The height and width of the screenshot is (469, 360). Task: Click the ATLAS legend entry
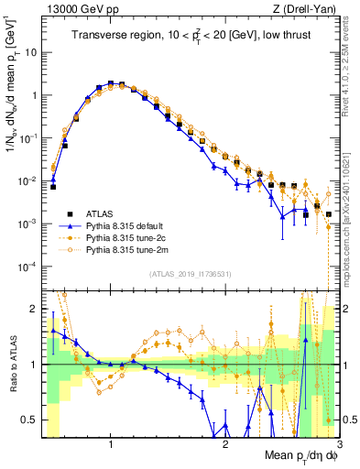(99, 212)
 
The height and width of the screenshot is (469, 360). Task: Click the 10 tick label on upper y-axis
(28, 52)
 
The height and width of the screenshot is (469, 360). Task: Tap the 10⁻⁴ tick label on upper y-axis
(27, 267)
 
